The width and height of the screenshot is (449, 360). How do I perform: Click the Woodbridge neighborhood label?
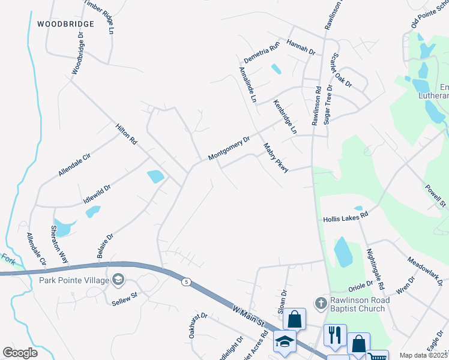click(x=66, y=24)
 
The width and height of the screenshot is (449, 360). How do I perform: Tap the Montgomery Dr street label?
click(x=229, y=148)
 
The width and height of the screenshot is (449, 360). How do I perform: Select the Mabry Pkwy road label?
click(x=276, y=158)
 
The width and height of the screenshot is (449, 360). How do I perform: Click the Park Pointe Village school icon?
click(x=118, y=279)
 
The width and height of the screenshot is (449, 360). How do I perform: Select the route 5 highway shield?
click(x=187, y=281)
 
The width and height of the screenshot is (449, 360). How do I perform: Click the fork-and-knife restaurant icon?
click(x=335, y=333)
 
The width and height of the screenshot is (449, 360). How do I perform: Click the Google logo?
click(x=20, y=353)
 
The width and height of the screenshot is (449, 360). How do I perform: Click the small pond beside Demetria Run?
click(x=276, y=68)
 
